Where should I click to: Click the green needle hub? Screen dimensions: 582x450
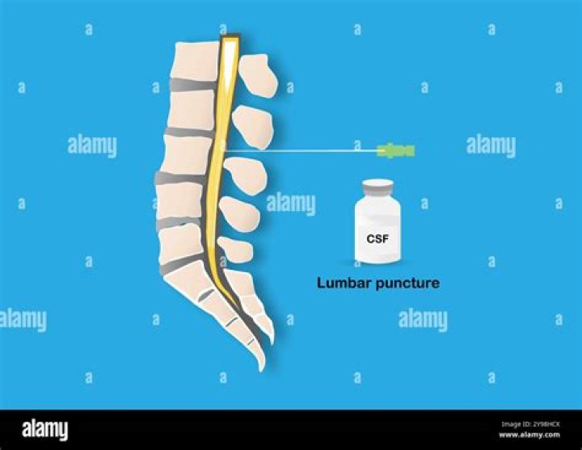(395, 150)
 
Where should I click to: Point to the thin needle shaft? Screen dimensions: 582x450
(301, 150)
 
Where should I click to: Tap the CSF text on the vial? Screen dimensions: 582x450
(377, 238)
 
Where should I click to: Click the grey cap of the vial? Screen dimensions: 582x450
(377, 188)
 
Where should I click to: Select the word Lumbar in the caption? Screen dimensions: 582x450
(344, 283)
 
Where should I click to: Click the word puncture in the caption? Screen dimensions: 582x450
(407, 284)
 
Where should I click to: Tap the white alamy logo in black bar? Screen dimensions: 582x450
(45, 430)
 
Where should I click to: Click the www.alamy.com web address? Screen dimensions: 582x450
(529, 435)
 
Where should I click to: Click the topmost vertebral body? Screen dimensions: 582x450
(196, 61)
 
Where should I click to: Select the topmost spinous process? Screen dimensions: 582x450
(258, 76)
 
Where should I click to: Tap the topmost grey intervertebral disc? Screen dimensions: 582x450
(193, 85)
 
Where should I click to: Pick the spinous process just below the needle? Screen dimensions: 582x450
(246, 175)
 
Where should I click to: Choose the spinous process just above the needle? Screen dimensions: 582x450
(253, 127)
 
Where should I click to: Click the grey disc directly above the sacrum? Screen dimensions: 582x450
(182, 264)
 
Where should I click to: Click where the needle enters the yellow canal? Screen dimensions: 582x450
(223, 150)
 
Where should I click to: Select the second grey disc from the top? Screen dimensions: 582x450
(190, 132)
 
